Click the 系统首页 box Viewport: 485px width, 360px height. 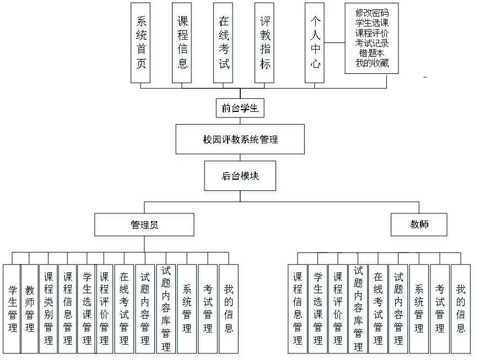click(x=141, y=43)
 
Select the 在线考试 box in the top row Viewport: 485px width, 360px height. click(x=224, y=43)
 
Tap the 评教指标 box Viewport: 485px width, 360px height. click(x=265, y=43)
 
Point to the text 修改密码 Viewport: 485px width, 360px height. click(x=372, y=13)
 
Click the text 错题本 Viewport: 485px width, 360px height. click(x=372, y=53)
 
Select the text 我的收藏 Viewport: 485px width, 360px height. click(x=372, y=63)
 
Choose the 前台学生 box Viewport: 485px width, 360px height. click(x=240, y=108)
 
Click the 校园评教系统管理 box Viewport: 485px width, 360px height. click(x=240, y=139)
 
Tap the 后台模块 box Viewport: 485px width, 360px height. click(x=240, y=176)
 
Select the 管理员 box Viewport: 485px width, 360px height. click(x=144, y=224)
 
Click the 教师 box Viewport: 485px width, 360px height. click(x=419, y=224)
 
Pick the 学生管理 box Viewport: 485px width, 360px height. click(x=12, y=309)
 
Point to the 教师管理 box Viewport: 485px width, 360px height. click(x=29, y=309)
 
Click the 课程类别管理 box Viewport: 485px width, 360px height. click(x=48, y=309)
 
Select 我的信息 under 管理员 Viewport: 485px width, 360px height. click(x=229, y=309)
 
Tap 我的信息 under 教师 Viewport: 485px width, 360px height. click(x=461, y=309)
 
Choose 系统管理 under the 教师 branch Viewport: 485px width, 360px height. click(x=419, y=309)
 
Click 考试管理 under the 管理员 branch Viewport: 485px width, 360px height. click(x=208, y=309)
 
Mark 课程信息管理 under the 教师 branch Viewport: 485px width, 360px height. click(x=298, y=309)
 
